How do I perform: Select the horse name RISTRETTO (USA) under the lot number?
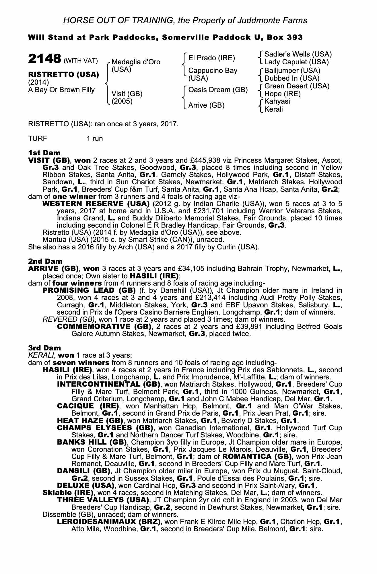click(x=63, y=75)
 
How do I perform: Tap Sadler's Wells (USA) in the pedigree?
click(x=298, y=54)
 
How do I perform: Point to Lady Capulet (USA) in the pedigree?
click(x=296, y=62)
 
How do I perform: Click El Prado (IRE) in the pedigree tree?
click(x=211, y=58)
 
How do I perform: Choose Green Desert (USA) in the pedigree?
click(x=297, y=86)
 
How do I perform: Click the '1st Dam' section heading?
click(x=44, y=152)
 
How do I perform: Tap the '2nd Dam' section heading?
click(x=45, y=261)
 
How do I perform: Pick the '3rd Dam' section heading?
click(x=44, y=348)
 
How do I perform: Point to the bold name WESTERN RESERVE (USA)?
click(x=96, y=204)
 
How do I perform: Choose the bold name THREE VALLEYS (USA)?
click(x=103, y=500)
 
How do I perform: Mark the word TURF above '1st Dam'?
click(x=38, y=139)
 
